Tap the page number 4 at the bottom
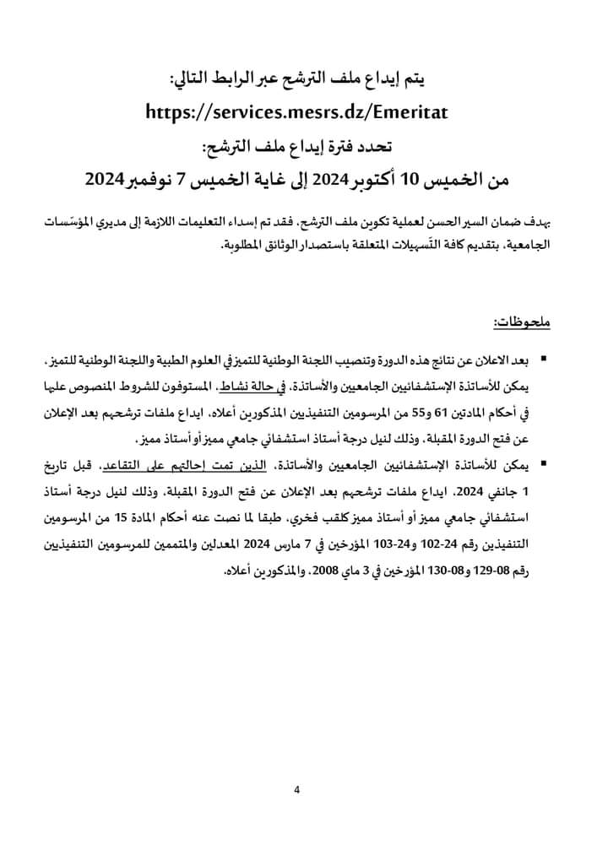pos(297,789)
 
